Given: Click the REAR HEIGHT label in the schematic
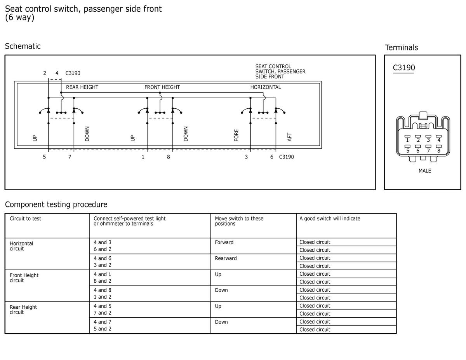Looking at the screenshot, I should coord(82,87).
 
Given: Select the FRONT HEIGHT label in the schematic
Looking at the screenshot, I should coord(162,87).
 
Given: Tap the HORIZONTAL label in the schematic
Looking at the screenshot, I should coord(266,87).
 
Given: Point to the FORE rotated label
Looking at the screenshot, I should coord(236,135).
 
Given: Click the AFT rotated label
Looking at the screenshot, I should coord(289,137).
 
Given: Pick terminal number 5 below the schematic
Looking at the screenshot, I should coord(44,157).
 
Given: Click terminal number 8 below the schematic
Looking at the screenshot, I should coord(169,157).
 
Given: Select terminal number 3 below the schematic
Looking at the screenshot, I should coord(246,157).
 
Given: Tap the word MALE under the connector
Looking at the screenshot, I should coord(425,171).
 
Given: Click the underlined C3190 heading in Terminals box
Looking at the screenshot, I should coord(404,68).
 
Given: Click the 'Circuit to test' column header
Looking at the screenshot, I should coord(25,219).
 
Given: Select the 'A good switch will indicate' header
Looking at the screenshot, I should coord(330,219).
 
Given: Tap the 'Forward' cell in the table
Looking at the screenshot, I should coord(224,242).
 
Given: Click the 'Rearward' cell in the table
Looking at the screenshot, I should coord(226,258).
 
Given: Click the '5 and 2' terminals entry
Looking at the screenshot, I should coord(103,329).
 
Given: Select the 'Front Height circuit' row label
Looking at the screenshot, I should coord(24,278).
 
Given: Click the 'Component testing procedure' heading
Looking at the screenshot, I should coord(56,204).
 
